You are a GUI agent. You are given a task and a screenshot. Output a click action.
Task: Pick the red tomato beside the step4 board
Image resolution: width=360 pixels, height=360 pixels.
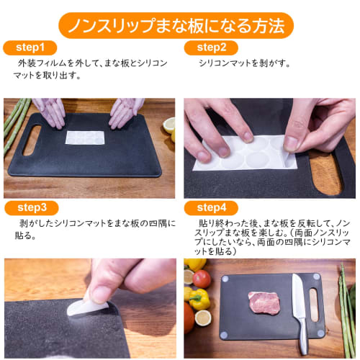(202, 279)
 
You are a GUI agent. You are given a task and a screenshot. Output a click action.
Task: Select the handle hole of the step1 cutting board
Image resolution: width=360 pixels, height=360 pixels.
(31, 141)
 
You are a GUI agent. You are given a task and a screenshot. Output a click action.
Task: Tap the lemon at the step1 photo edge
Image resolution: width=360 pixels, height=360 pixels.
(169, 124)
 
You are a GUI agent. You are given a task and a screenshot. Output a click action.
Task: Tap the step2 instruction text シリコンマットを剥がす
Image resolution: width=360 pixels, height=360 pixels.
(245, 63)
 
